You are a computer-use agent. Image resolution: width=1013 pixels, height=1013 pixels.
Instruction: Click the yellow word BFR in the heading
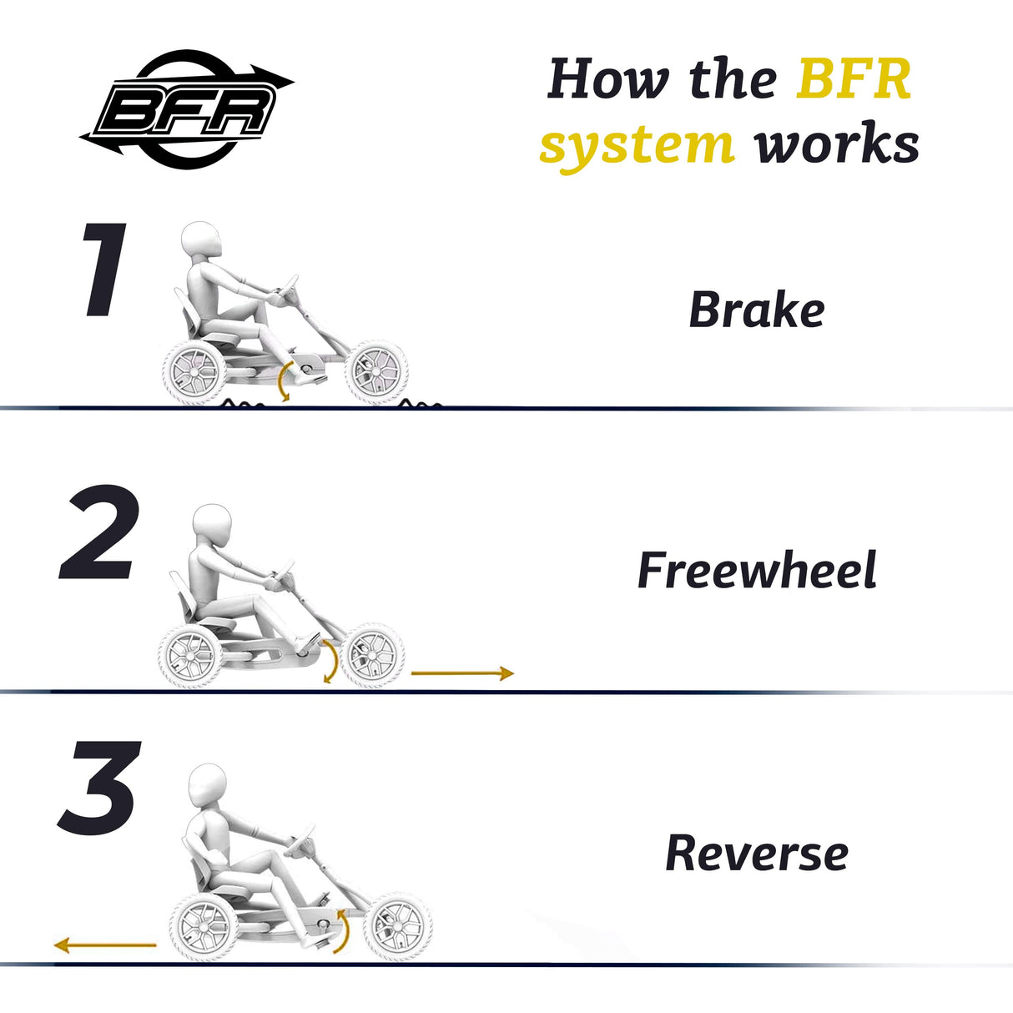point(853,79)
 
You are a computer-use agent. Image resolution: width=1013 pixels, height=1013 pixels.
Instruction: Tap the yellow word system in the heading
point(637,145)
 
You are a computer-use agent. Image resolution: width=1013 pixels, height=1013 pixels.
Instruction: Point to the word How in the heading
point(608,79)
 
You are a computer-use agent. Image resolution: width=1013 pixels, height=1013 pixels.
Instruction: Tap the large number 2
point(98,534)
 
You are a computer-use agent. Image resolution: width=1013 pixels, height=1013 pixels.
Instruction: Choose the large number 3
point(98,789)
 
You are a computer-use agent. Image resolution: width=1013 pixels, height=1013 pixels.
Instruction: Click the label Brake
point(756,310)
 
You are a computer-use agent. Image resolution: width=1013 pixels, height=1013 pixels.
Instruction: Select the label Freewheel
point(756,571)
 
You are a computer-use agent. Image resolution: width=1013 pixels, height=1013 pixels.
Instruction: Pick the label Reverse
point(756,854)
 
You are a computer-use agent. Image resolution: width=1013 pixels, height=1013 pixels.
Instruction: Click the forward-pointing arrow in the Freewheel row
point(462,673)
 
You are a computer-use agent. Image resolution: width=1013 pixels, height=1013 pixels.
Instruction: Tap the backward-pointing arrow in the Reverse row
point(105,945)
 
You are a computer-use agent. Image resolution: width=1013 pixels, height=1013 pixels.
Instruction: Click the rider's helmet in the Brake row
point(201,244)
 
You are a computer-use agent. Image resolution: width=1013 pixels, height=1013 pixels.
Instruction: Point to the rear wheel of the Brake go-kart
point(194,373)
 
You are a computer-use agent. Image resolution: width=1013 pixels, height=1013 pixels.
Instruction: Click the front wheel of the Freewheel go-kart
point(374,655)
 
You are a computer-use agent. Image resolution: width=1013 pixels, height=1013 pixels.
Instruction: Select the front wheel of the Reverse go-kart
point(397,926)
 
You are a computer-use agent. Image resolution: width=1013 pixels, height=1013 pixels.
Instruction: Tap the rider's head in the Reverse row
point(207,788)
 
